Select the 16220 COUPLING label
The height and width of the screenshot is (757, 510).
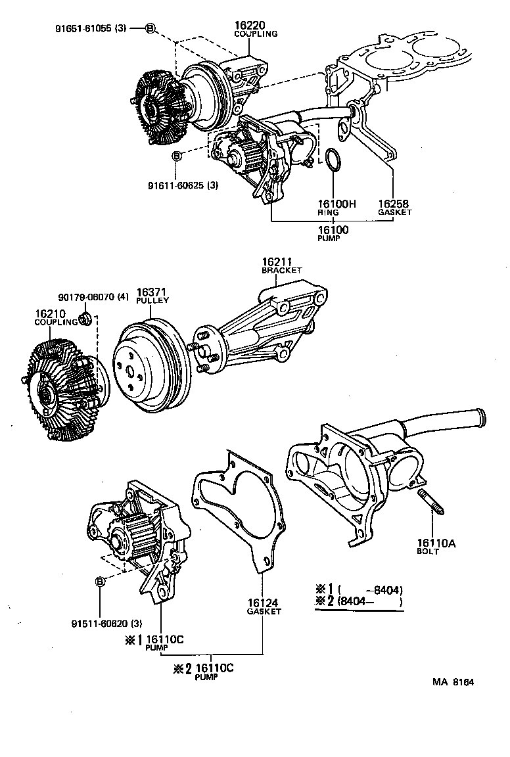click(x=256, y=29)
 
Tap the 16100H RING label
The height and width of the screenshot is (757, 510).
click(x=337, y=208)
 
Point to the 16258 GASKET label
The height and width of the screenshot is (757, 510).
click(x=394, y=208)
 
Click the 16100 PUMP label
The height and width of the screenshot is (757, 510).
click(x=333, y=233)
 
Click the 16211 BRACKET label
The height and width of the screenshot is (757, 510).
click(x=281, y=265)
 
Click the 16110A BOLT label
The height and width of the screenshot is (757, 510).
click(x=432, y=547)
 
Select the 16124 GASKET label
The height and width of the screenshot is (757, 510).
click(x=264, y=607)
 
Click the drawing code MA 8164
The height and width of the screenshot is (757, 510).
click(x=453, y=681)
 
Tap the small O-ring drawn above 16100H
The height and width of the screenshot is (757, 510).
click(x=334, y=162)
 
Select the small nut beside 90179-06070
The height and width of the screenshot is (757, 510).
click(x=84, y=319)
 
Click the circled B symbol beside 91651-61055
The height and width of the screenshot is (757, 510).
click(x=150, y=28)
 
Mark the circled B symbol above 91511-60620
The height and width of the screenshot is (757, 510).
click(x=101, y=582)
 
